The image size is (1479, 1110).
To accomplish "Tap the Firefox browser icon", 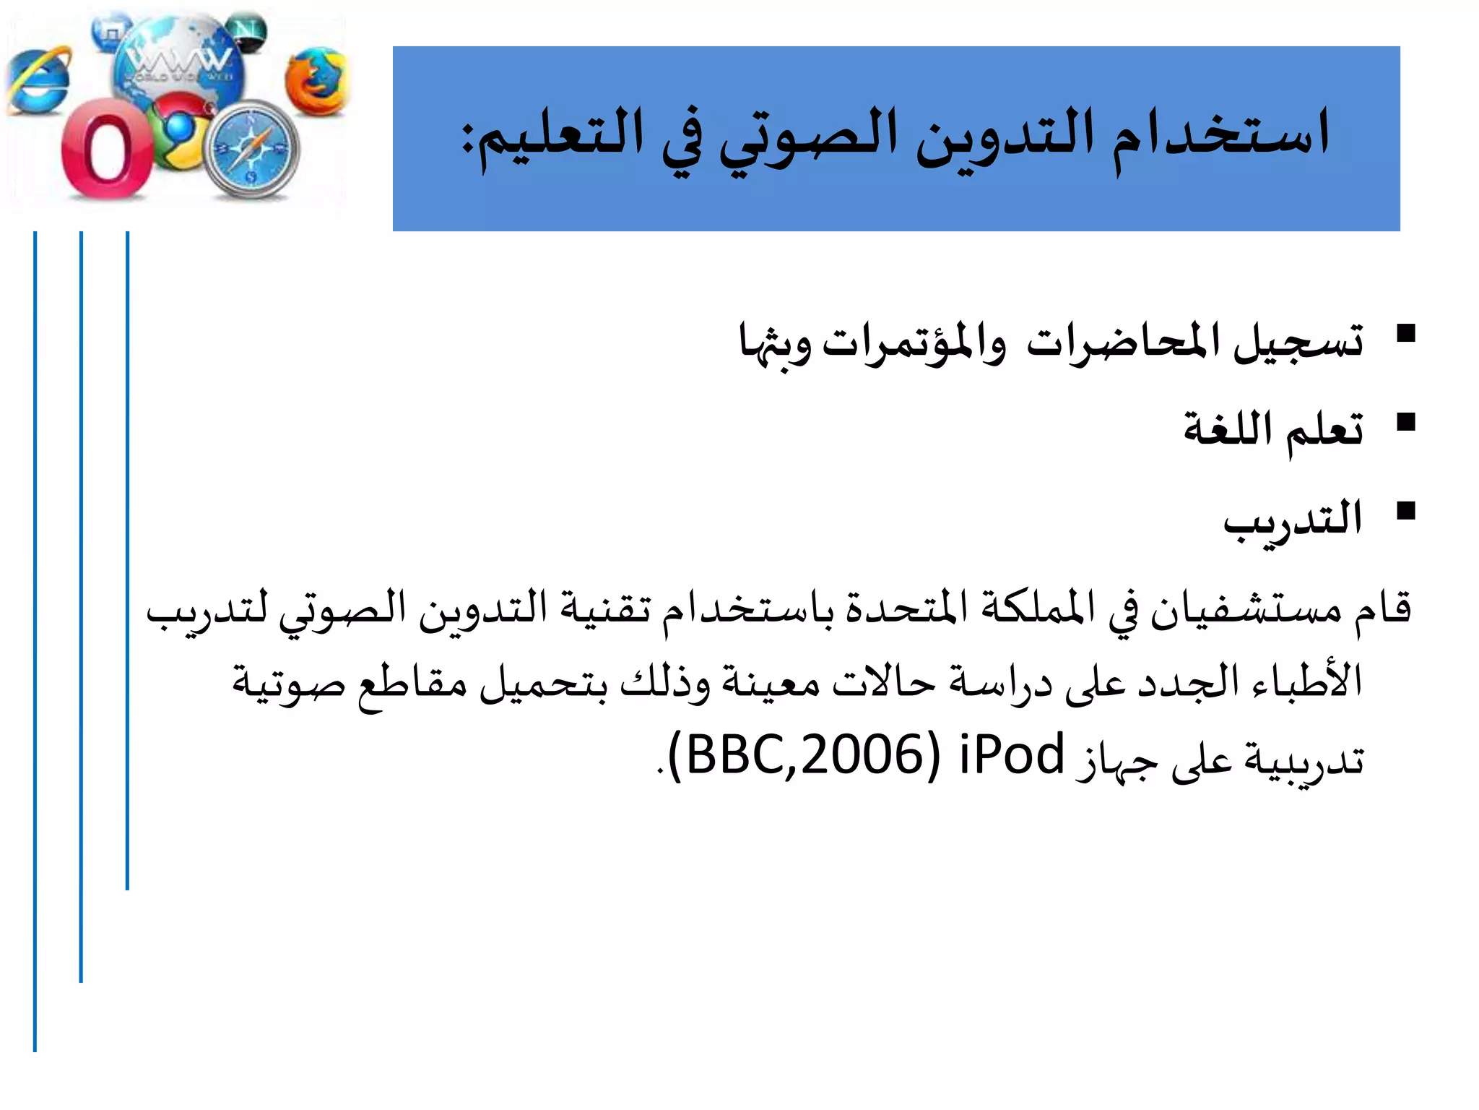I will [x=316, y=81].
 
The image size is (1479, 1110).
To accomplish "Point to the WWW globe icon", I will [x=177, y=61].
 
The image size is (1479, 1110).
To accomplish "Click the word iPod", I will [x=1012, y=754].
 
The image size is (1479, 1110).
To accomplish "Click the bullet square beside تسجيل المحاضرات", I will [x=1405, y=333].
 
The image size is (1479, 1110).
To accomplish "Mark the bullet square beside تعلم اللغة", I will [x=1405, y=422].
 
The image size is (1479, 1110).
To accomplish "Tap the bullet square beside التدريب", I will [x=1405, y=511].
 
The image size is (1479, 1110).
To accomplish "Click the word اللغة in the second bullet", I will [x=1227, y=428].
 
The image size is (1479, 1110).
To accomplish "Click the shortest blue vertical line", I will [x=127, y=560].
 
